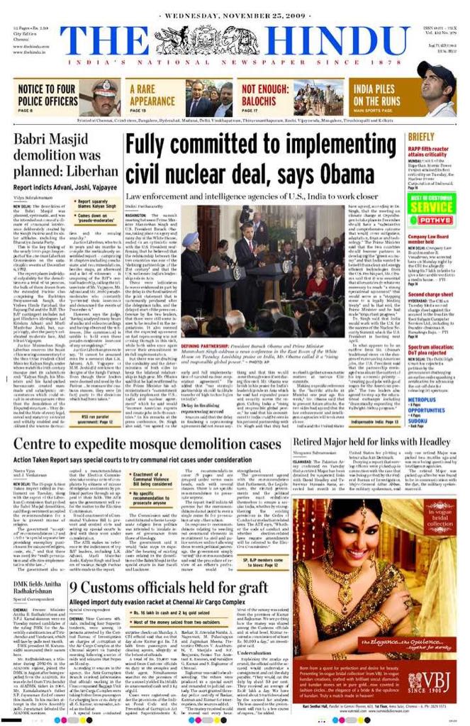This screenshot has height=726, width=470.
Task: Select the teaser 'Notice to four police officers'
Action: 48,94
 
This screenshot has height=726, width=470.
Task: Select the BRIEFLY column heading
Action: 421,136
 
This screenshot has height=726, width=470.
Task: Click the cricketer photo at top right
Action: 436,88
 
